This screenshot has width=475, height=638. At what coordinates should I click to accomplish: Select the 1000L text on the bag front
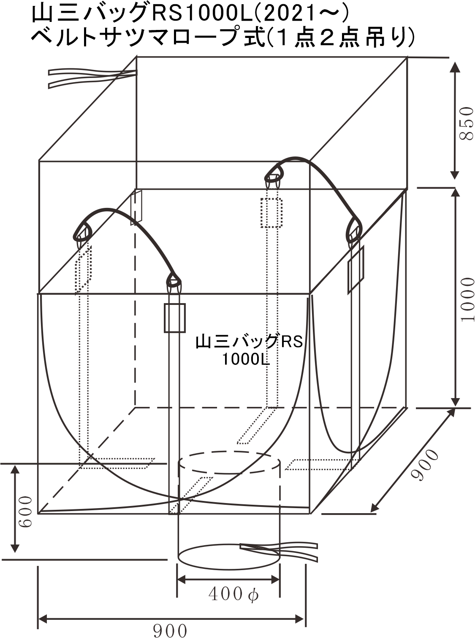click(246, 360)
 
